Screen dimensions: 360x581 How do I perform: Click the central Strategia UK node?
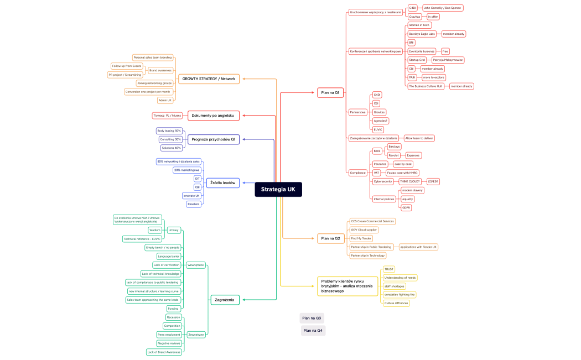tap(278, 190)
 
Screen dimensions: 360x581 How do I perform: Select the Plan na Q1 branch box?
tap(330, 92)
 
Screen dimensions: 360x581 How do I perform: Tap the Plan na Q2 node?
tap(330, 239)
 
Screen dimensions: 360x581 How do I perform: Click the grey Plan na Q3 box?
tap(312, 318)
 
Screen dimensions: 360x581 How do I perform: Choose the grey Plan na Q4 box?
tap(313, 330)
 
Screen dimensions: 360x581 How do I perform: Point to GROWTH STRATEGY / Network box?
tap(209, 79)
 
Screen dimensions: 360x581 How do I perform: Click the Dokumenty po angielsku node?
tap(212, 116)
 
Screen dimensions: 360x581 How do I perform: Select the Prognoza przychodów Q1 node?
tap(214, 139)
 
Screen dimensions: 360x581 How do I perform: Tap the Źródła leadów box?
tap(222, 182)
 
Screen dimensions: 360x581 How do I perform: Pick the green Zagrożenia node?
tap(225, 300)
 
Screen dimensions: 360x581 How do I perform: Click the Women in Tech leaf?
tap(419, 25)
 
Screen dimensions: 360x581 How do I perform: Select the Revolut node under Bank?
tap(393, 155)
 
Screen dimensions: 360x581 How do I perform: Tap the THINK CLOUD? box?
tap(410, 181)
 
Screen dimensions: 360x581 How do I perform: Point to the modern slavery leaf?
tap(412, 190)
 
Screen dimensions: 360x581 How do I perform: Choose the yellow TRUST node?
tap(389, 269)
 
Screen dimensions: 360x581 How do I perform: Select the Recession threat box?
tap(173, 317)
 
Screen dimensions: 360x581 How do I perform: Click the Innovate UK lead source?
tap(191, 196)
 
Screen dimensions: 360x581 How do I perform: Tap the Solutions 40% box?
tap(171, 148)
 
